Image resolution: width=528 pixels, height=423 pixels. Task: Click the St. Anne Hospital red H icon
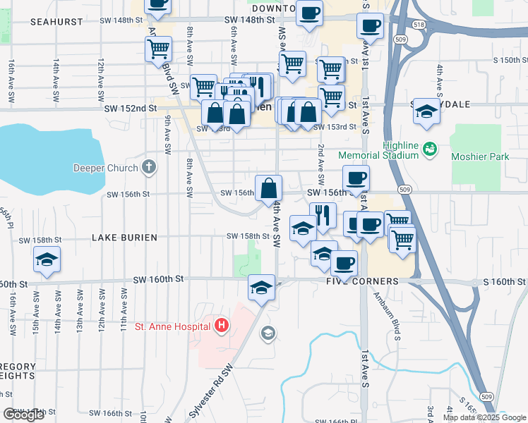click(x=222, y=325)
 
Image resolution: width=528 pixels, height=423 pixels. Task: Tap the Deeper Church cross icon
click(x=148, y=167)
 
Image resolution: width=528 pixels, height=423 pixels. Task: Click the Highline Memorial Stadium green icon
click(x=428, y=149)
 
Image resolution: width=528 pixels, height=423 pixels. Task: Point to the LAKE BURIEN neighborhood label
click(x=124, y=238)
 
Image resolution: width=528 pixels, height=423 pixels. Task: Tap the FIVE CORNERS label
click(x=362, y=281)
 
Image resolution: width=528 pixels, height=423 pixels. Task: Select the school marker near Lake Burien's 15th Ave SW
click(x=47, y=260)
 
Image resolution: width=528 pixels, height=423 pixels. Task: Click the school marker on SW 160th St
click(x=261, y=287)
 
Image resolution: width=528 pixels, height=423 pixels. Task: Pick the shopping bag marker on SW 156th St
click(x=268, y=188)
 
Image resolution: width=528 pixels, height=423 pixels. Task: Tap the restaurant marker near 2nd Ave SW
click(x=323, y=215)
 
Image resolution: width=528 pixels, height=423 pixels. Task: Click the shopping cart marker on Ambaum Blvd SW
click(x=159, y=49)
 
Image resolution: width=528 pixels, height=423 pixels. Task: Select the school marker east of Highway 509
click(x=426, y=111)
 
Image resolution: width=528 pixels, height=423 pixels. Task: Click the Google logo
click(x=24, y=415)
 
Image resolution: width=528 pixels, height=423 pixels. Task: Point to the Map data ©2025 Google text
click(x=484, y=417)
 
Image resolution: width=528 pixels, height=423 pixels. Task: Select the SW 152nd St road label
click(x=130, y=108)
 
